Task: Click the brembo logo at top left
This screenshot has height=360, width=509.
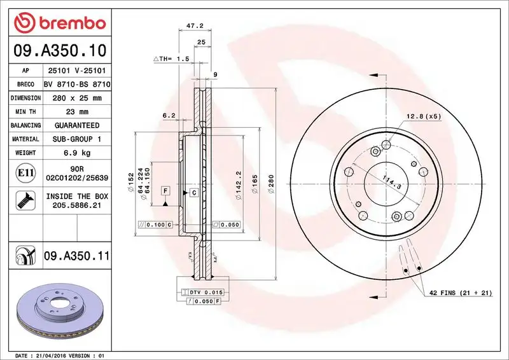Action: click(59, 24)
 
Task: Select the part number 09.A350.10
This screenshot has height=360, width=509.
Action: click(58, 50)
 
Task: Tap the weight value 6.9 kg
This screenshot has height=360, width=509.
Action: click(76, 153)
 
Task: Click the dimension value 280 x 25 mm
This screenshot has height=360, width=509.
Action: click(76, 98)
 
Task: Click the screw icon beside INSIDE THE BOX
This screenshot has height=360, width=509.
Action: click(25, 201)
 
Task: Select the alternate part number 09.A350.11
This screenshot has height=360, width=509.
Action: click(76, 256)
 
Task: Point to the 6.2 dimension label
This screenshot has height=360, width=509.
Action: click(169, 115)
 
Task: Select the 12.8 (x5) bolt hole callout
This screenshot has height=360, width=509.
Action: click(423, 116)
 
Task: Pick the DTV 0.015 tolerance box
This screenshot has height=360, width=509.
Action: click(205, 291)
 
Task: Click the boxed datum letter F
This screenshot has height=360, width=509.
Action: click(165, 191)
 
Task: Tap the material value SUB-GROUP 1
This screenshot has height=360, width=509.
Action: click(76, 139)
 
